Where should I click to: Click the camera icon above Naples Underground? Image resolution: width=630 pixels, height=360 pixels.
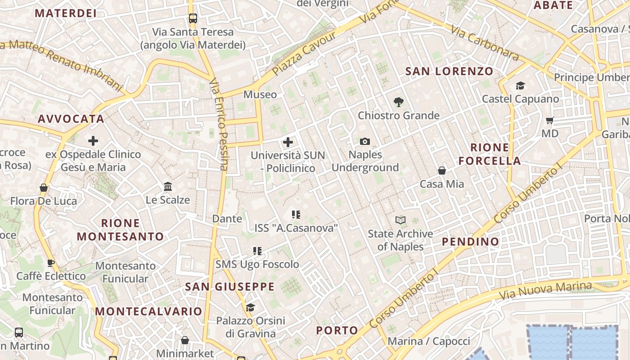coord(365,142)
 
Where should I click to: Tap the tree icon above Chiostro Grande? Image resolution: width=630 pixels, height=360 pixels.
coord(398,103)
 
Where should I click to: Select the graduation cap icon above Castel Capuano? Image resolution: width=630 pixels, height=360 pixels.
coord(520,86)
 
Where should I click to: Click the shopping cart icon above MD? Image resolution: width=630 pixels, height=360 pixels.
coord(549,121)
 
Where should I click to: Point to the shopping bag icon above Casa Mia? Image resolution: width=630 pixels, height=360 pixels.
coord(442,171)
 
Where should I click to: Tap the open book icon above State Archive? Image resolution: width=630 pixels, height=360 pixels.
coord(400,220)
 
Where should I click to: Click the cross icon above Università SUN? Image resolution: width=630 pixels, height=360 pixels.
coord(288,143)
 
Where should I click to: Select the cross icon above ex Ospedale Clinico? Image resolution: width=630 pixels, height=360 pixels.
coord(93,141)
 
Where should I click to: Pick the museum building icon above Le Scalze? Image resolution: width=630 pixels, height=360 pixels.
coord(168,186)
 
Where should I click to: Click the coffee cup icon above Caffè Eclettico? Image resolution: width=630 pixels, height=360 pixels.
coord(51,263)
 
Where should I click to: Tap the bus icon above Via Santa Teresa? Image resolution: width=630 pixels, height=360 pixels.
coord(193,18)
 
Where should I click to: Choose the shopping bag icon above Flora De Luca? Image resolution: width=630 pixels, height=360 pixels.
coord(44,188)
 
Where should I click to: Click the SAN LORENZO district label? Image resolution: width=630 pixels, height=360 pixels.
coord(449,71)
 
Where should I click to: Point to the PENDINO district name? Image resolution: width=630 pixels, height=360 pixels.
coord(470,242)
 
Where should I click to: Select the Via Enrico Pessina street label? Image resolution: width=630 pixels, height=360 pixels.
coord(219,125)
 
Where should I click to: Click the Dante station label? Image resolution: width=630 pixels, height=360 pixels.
coord(227,219)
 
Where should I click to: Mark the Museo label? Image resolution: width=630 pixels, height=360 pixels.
coord(260,94)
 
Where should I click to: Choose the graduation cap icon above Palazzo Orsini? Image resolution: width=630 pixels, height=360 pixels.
coord(250,307)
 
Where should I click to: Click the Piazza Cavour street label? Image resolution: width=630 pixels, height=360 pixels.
coord(304,54)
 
